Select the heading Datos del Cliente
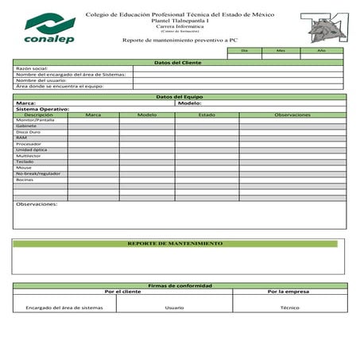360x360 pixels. tap(177, 63)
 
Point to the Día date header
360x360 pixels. tap(245, 50)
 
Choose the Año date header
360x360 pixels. tap(321, 50)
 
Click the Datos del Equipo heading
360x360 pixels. tap(178, 97)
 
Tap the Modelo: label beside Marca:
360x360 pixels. tap(190, 103)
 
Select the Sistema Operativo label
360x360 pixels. tap(42, 109)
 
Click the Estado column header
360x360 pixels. tap(207, 114)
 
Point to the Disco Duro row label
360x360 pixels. tap(29, 132)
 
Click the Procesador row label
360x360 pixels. tap(29, 144)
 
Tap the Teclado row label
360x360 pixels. tap(25, 161)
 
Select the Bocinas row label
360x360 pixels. tap(25, 180)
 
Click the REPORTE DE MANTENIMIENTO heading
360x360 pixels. tap(175, 243)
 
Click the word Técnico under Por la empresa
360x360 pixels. tap(289, 307)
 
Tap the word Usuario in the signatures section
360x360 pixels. tap(174, 307)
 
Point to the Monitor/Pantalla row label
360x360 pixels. tap(33, 120)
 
